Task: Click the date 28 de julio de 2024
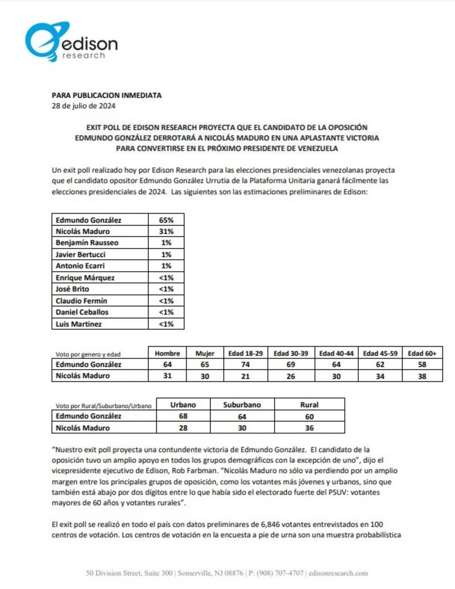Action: click(84, 105)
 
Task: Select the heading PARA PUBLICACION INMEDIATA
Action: click(106, 96)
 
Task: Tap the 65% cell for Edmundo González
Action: click(166, 220)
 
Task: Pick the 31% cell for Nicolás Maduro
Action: click(166, 231)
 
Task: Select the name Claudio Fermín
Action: click(81, 301)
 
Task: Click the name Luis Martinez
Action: click(78, 324)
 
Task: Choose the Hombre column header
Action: click(167, 353)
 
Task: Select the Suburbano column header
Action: click(242, 405)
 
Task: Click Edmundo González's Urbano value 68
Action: click(183, 416)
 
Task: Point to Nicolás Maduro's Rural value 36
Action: click(309, 428)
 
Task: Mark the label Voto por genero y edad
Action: click(88, 354)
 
